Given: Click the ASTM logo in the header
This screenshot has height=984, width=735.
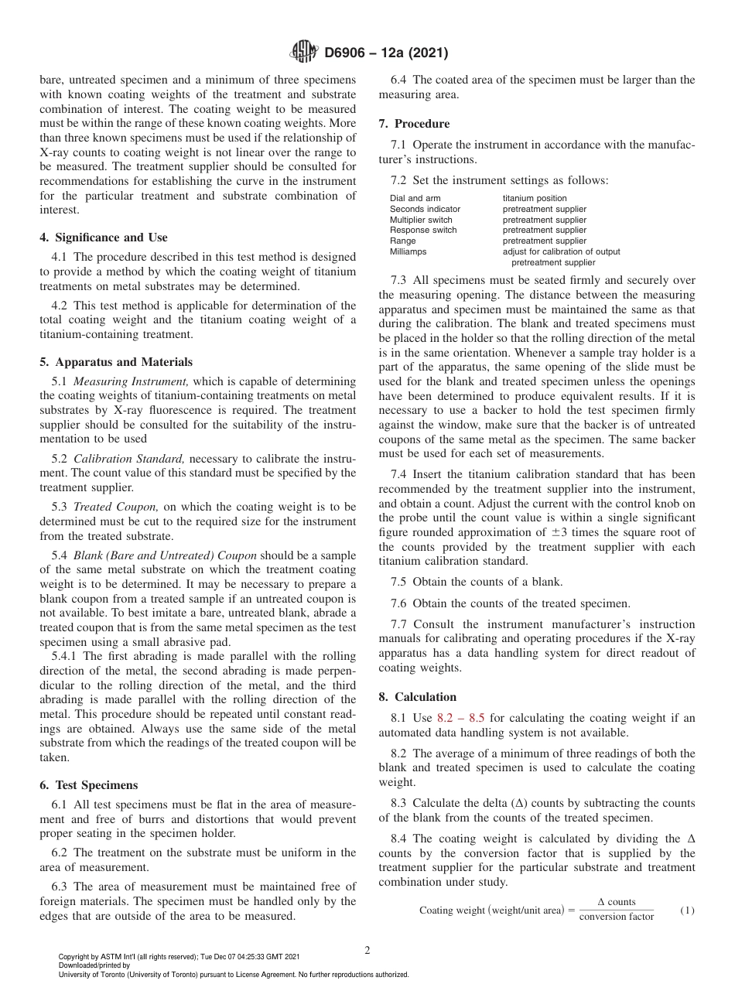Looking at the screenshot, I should click(303, 53).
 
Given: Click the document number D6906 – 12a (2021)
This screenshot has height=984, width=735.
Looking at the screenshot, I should click(386, 53).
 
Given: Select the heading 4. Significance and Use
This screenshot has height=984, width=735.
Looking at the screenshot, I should click(104, 237).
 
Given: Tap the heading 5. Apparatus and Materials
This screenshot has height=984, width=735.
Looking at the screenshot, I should click(116, 362).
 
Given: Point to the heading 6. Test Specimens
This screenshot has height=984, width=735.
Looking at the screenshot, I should click(89, 785).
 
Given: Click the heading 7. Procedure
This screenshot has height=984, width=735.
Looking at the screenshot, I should click(414, 124).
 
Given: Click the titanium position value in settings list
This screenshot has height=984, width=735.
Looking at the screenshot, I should click(535, 199).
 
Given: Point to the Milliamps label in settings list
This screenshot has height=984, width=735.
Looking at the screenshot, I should click(408, 251).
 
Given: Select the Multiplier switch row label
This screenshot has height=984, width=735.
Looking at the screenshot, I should click(421, 220).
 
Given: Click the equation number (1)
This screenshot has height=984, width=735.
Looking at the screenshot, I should click(687, 911).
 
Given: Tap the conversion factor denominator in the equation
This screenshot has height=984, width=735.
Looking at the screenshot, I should click(616, 917).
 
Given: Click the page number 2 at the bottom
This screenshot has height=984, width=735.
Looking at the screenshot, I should click(367, 950).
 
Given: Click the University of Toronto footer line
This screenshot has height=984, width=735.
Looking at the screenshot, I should click(234, 975).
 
